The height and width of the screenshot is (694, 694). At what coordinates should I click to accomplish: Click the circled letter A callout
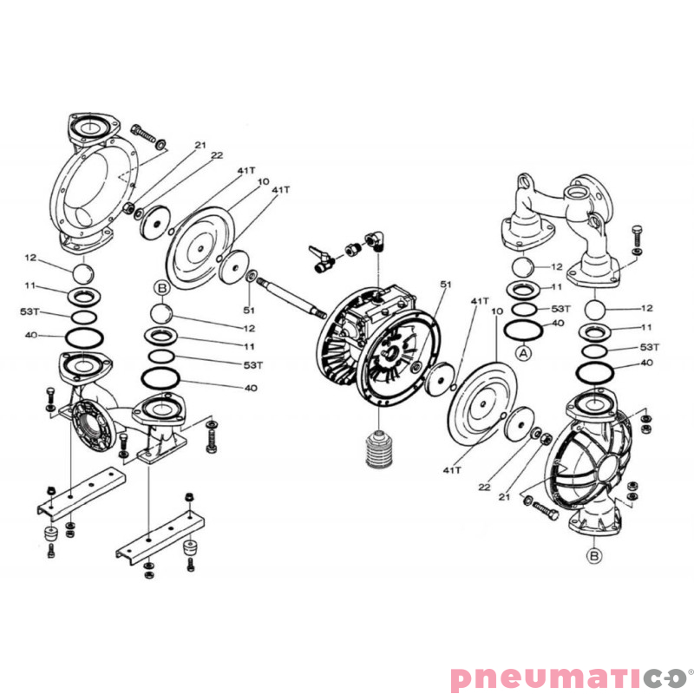(x=522, y=353)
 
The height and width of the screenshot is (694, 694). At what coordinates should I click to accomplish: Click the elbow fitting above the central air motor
(x=374, y=239)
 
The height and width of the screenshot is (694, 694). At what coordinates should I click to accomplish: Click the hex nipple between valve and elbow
(x=353, y=249)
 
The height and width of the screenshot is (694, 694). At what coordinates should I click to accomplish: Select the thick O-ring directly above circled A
(x=523, y=329)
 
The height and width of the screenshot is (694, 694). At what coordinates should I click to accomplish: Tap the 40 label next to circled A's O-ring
(x=559, y=324)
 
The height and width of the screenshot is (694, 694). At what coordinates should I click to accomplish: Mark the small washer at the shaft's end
(x=251, y=277)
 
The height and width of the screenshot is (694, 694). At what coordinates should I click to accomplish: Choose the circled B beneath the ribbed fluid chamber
(x=594, y=554)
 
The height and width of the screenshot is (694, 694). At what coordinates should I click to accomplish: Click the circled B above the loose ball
(x=160, y=287)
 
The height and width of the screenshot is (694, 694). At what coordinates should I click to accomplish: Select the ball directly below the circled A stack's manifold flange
(x=523, y=266)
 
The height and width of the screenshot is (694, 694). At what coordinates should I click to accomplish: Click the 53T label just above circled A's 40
(x=560, y=309)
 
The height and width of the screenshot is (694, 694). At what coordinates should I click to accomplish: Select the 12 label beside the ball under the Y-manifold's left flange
(x=557, y=266)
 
